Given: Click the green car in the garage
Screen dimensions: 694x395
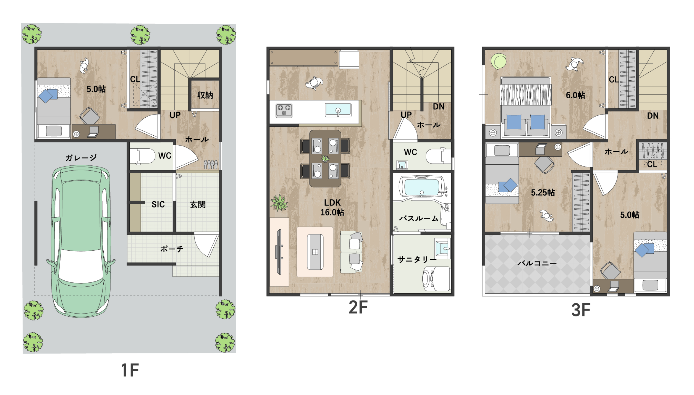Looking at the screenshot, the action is [81, 241].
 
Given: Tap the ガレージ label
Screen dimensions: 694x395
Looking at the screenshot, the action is [81, 158].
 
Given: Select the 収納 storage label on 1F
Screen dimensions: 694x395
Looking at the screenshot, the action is [205, 95].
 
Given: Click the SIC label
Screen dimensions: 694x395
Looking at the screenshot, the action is [158, 204].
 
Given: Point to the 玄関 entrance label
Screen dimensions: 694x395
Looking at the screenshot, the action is [198, 204].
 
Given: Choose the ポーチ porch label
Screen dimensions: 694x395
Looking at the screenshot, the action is [172, 249].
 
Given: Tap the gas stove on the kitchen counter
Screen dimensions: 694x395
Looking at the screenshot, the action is [284, 111].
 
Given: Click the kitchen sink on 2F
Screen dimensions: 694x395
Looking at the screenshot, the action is [338, 110].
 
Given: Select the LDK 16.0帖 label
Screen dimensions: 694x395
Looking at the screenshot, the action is [332, 208].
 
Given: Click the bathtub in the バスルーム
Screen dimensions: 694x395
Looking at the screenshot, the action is [421, 186].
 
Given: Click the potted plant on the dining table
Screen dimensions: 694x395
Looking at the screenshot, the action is [325, 159].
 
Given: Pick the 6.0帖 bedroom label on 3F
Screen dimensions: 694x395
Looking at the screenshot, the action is [575, 95].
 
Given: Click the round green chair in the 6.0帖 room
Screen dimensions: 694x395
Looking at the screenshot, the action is [499, 62].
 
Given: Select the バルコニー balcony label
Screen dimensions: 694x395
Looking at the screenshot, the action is [537, 263].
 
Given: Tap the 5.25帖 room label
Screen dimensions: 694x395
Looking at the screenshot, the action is [543, 193].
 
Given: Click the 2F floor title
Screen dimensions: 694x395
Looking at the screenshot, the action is [358, 307].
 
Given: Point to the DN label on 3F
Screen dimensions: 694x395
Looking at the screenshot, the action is [653, 116].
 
